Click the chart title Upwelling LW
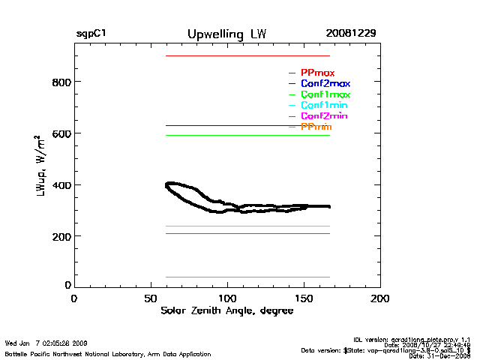coord(226,34)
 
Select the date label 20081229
coord(351,34)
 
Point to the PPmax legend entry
coord(317,73)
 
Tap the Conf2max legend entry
coord(325,83)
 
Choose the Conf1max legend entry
coord(325,94)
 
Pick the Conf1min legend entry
coord(323,106)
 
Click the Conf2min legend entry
coord(323,116)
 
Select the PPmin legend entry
coord(316,127)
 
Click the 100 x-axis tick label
coord(227,298)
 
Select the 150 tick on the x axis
coord(304,298)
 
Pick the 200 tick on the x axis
coord(380,298)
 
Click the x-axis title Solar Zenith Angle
coord(227,311)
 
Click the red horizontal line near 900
coord(247,55)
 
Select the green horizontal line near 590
coord(247,135)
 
